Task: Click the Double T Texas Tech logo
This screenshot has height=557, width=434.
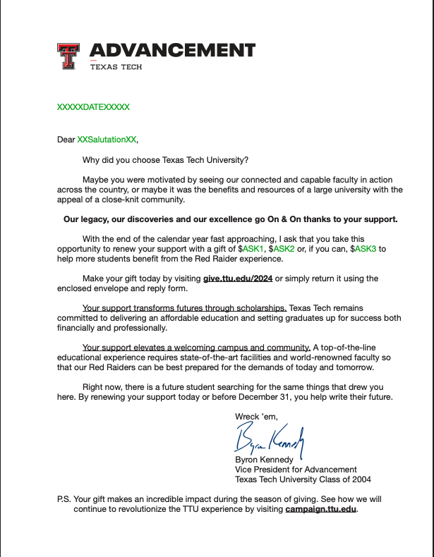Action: [68, 56]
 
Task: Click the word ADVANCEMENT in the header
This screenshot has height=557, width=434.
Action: [172, 50]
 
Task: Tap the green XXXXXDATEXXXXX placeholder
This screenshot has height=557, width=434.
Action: [93, 107]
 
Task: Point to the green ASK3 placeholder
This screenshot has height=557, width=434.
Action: [366, 249]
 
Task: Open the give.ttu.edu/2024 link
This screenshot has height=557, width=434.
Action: [238, 278]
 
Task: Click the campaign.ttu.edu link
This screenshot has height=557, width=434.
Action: [321, 508]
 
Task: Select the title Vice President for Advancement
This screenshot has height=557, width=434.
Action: [296, 469]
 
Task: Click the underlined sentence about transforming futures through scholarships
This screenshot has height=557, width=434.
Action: [184, 308]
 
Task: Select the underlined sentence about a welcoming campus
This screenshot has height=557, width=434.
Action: [196, 348]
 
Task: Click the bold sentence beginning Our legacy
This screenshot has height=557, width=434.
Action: [230, 219]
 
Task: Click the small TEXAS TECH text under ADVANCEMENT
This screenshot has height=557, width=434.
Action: [116, 67]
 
